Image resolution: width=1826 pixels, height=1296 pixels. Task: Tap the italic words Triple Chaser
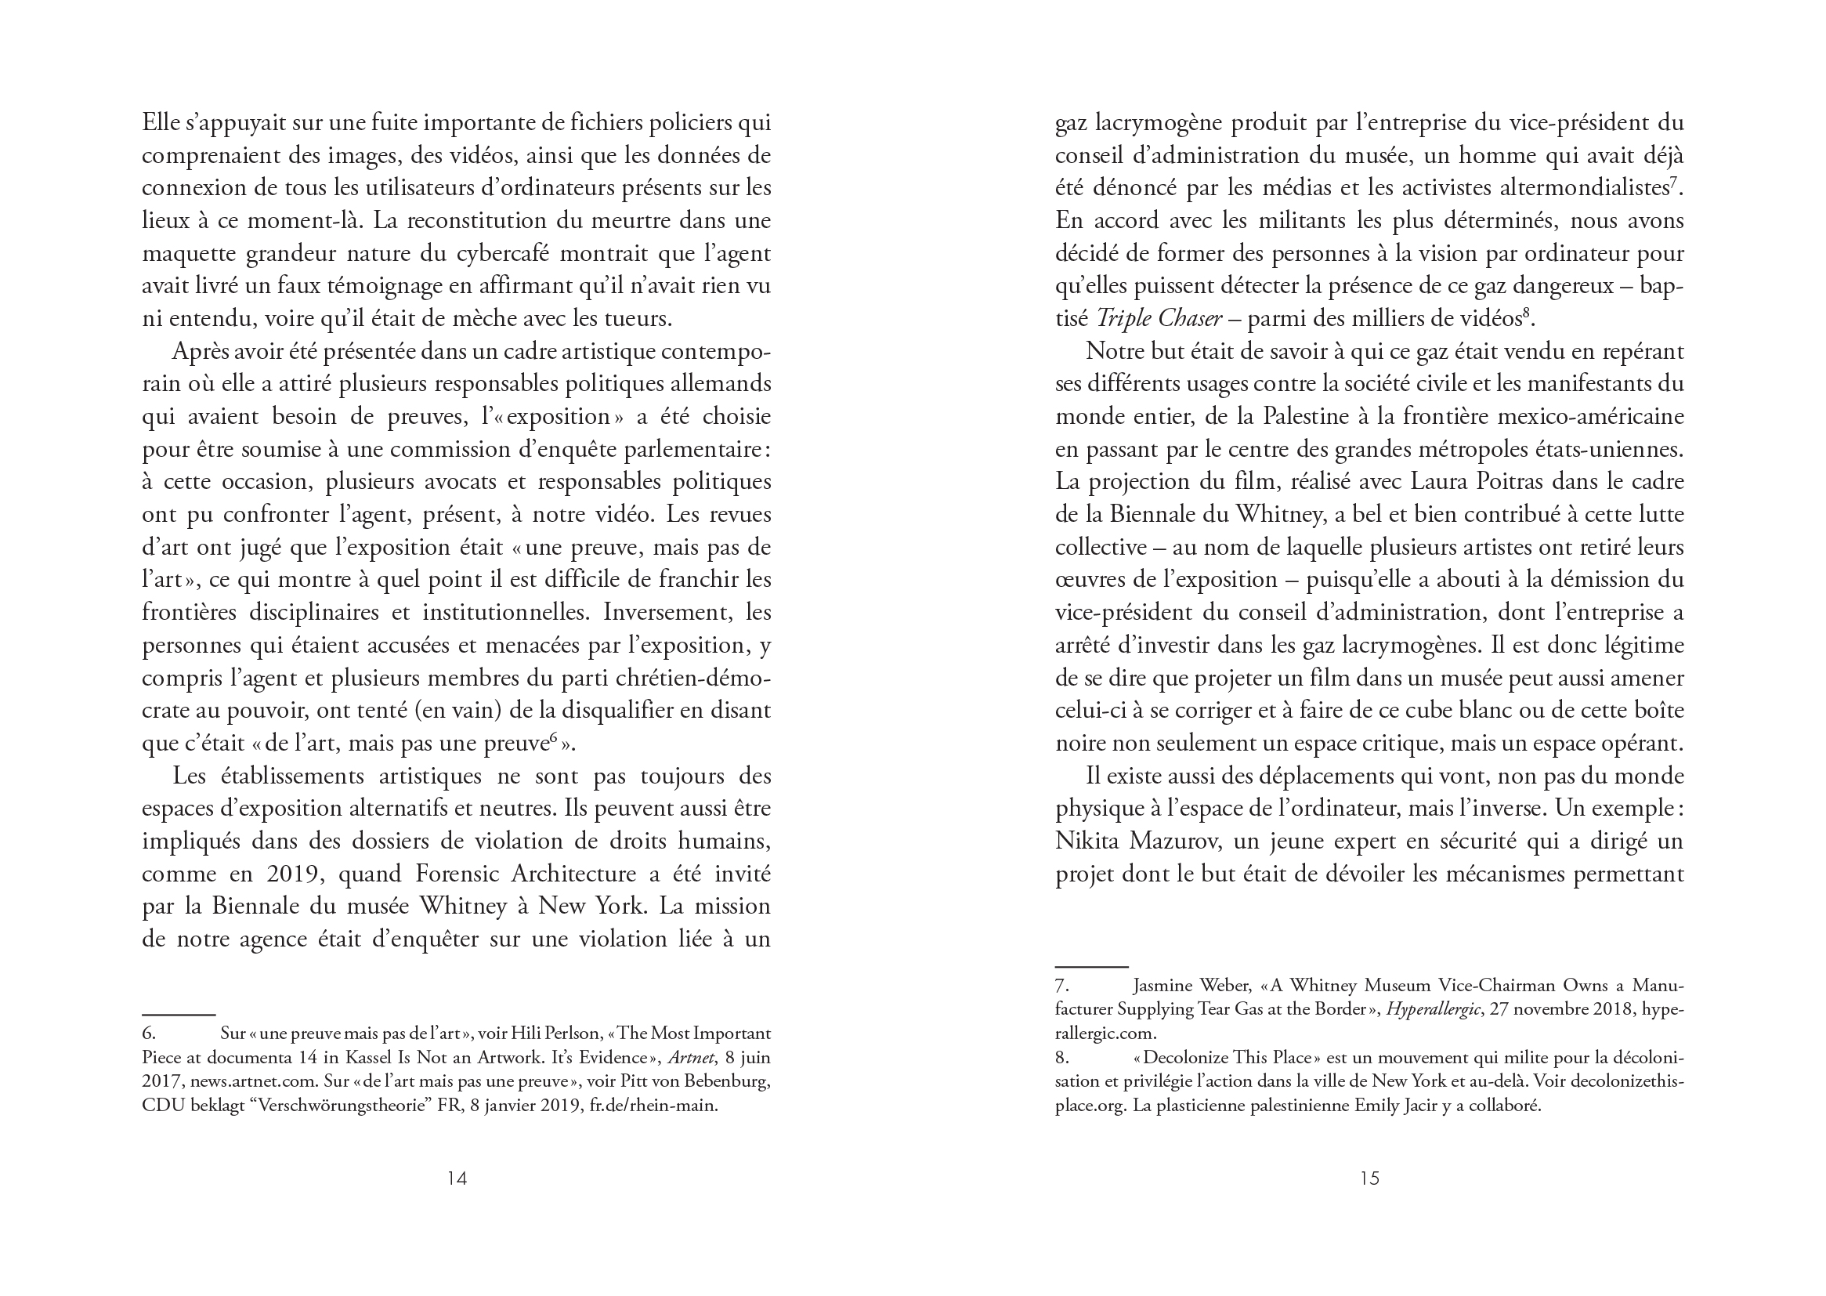[1159, 318]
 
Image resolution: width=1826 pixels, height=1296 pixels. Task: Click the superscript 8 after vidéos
[1526, 313]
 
